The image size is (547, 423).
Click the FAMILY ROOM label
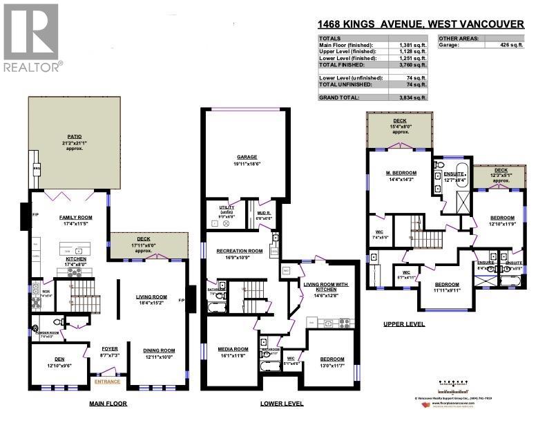coord(76,217)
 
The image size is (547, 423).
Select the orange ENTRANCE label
coord(108,382)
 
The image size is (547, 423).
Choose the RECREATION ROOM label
coord(239,251)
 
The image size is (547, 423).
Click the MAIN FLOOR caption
coord(108,404)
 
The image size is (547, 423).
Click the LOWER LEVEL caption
coord(281,404)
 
